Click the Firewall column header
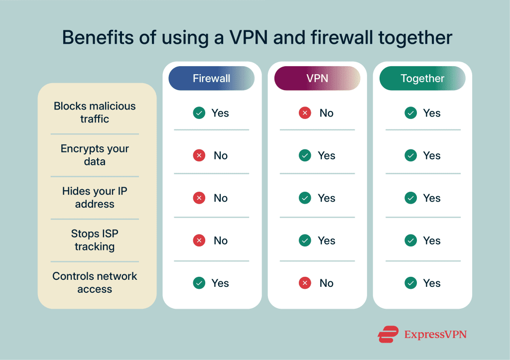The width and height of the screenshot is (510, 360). pos(212,79)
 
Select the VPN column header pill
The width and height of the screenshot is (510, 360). pos(317,79)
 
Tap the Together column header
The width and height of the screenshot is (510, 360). pos(422,79)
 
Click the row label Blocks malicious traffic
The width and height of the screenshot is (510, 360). pos(95,113)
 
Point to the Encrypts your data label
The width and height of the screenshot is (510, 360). pos(95,155)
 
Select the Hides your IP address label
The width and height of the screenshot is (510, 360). pos(95,197)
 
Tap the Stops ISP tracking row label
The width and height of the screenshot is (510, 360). pos(95,240)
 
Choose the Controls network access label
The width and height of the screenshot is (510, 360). pos(95,282)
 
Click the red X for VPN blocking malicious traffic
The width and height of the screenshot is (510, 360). pos(305,113)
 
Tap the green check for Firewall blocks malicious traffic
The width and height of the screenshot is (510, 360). pos(199,113)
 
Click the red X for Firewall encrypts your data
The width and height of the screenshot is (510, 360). pos(199,156)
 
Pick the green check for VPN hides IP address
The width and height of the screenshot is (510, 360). pos(305,198)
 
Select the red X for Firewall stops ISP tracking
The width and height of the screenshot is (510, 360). pos(199,240)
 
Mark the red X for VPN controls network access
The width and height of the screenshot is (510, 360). pos(305,283)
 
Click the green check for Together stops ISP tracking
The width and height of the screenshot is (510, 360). pos(411,240)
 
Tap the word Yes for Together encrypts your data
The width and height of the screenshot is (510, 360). pos(432,156)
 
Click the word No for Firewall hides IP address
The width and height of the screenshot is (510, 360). pos(221,198)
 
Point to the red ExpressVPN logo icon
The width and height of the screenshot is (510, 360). pos(388,334)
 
